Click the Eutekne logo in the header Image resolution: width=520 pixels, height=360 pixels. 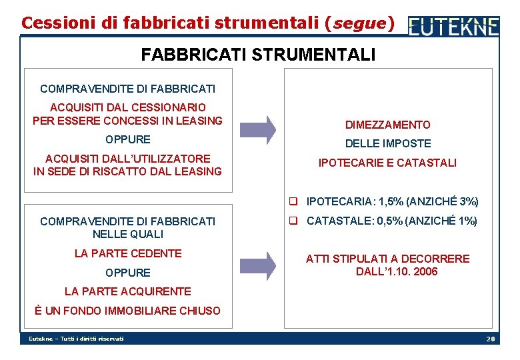[453, 25]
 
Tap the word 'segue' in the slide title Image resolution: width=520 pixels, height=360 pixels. [359, 23]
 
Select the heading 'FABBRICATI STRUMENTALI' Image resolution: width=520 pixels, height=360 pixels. [258, 54]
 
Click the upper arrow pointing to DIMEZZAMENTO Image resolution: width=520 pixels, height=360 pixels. [257, 129]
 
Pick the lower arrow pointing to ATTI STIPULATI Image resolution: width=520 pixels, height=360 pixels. [257, 265]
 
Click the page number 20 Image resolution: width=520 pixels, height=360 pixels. [491, 339]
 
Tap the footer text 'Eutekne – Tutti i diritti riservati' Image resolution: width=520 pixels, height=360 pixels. [76, 339]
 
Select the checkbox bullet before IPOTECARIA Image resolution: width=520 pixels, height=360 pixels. [292, 201]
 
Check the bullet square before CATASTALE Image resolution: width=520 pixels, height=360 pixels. [292, 221]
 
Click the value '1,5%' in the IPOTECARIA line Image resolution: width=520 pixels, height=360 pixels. [389, 201]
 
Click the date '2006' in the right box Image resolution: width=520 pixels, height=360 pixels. [425, 271]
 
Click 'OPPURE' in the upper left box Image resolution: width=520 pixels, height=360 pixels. [128, 139]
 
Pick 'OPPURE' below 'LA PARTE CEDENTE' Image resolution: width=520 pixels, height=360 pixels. [128, 273]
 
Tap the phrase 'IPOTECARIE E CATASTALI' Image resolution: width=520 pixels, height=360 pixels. [387, 162]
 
